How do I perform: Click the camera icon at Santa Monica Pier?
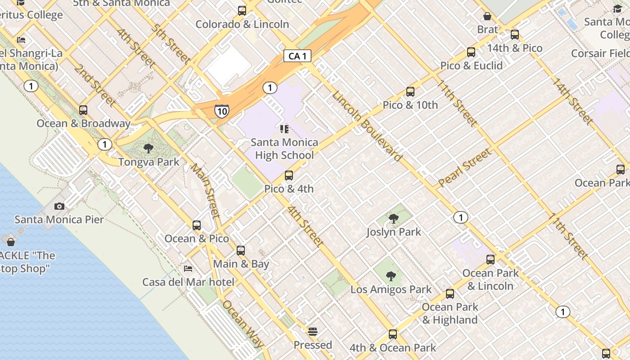click(59, 207)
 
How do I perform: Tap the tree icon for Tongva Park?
click(148, 148)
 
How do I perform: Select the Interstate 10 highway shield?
click(221, 111)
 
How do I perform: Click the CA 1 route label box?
click(297, 56)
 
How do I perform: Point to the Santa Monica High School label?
click(284, 149)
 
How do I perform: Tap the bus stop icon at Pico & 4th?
click(289, 175)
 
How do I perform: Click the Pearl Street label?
click(465, 168)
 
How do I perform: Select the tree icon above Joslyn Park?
click(394, 219)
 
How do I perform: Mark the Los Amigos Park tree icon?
click(391, 276)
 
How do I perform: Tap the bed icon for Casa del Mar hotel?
click(189, 269)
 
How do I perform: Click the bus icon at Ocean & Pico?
click(197, 225)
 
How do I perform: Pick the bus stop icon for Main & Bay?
click(241, 251)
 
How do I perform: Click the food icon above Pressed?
click(313, 332)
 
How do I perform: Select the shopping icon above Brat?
click(487, 17)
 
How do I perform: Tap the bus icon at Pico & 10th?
click(410, 92)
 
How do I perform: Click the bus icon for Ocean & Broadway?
click(83, 110)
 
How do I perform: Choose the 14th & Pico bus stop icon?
click(515, 35)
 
